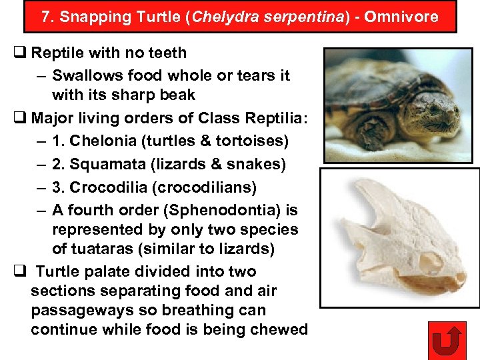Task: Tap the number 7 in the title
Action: tap(45, 17)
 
